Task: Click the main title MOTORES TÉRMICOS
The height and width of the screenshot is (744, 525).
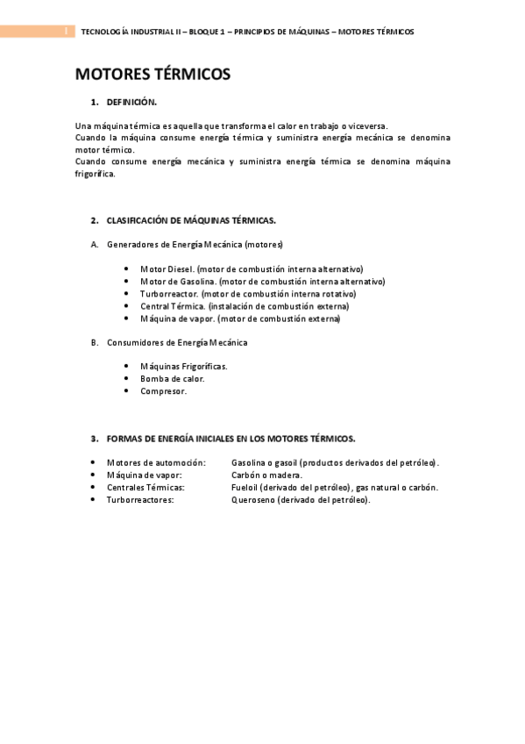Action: [153, 75]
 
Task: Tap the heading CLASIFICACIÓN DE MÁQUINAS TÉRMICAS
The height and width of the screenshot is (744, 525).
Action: [191, 220]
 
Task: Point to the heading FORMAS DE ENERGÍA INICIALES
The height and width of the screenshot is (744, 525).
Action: [231, 438]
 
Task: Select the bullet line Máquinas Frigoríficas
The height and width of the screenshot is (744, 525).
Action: [183, 366]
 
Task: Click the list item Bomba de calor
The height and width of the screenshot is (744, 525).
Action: [172, 379]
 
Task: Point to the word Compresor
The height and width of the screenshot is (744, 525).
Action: [163, 391]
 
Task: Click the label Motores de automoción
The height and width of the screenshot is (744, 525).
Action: [156, 462]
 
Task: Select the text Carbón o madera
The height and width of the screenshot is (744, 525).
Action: [266, 475]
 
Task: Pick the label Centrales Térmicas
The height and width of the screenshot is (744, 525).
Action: [145, 487]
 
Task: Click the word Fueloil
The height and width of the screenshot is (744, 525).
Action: [245, 487]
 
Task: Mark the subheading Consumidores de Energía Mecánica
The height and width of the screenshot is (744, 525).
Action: [176, 342]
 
